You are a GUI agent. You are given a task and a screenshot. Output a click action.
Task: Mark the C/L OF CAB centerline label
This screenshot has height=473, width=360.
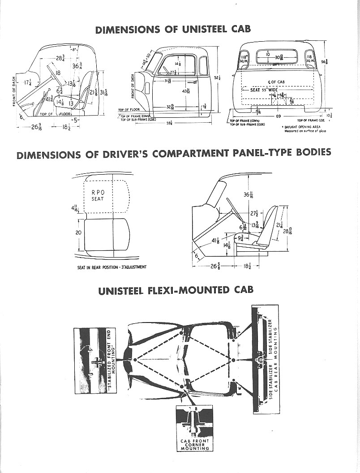(276, 81)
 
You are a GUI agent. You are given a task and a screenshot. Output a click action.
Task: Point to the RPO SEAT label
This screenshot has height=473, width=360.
(98, 196)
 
